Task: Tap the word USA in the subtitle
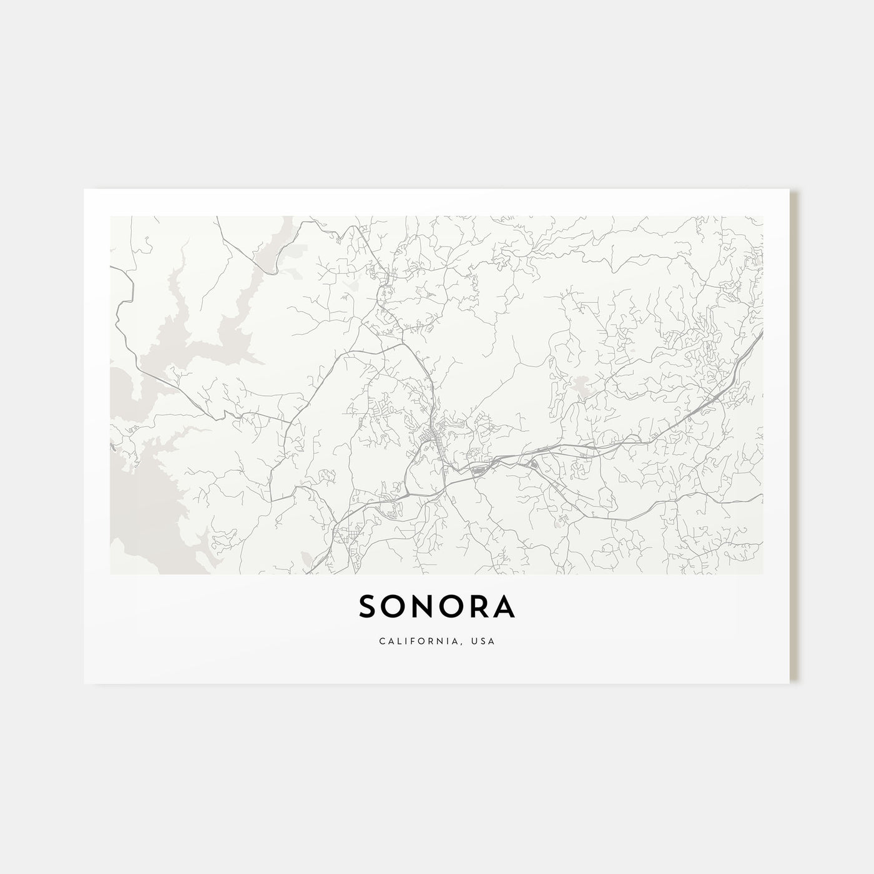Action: (x=485, y=641)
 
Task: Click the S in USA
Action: (x=485, y=641)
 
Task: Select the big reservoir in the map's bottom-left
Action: (x=144, y=499)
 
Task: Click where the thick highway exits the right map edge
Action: (x=761, y=334)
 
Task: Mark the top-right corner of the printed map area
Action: (x=762, y=217)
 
